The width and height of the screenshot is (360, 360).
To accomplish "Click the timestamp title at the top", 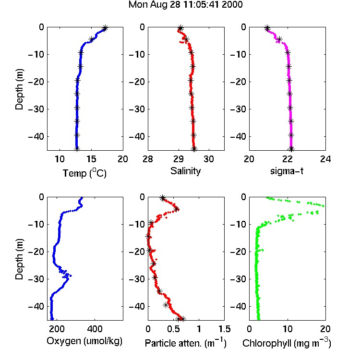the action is coord(185,5).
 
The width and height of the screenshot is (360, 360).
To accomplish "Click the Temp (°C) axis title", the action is coord(84,173).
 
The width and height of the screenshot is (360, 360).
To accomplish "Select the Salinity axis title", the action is coord(185,171).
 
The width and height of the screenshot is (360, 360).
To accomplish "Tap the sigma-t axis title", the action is coord(287,171).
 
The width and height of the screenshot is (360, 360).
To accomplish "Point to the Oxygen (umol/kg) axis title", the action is coord(84,341).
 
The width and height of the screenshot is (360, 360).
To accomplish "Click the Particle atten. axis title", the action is coord(186,343).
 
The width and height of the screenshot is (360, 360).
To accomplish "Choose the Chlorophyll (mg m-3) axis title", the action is coord(287,343).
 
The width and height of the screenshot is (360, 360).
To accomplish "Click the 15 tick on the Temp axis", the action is coord(91,159).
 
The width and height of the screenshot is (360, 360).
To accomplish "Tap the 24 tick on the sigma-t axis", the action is coord(325,159).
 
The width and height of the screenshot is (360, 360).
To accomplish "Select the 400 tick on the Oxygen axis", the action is coord(95,329).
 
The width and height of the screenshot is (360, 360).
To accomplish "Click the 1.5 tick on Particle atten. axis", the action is coord(224,329).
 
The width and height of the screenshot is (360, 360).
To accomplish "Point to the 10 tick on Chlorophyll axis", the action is coord(288,329).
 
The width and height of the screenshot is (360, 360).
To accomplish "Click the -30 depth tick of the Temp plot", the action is coord(36,109).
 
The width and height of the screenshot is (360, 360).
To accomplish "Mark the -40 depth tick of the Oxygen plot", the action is coord(36,306).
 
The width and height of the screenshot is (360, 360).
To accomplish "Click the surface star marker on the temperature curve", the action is coord(105,28).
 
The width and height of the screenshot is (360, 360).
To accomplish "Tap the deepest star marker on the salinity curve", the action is coord(194,149).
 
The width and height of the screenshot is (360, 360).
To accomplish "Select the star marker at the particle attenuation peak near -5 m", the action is coord(176,209).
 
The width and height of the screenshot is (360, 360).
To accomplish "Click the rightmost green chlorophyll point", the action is coord(323,206).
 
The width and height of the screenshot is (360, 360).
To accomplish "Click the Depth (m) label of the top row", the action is coord(20,89).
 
